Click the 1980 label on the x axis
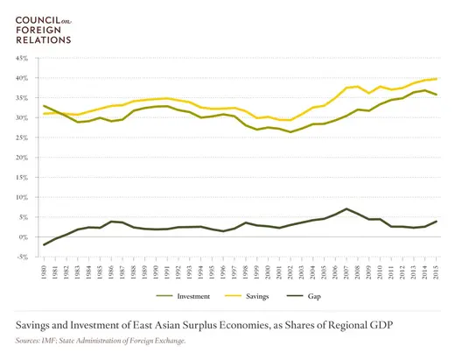pyautogui.click(x=44, y=272)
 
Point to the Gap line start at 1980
pyautogui.click(x=44, y=244)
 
